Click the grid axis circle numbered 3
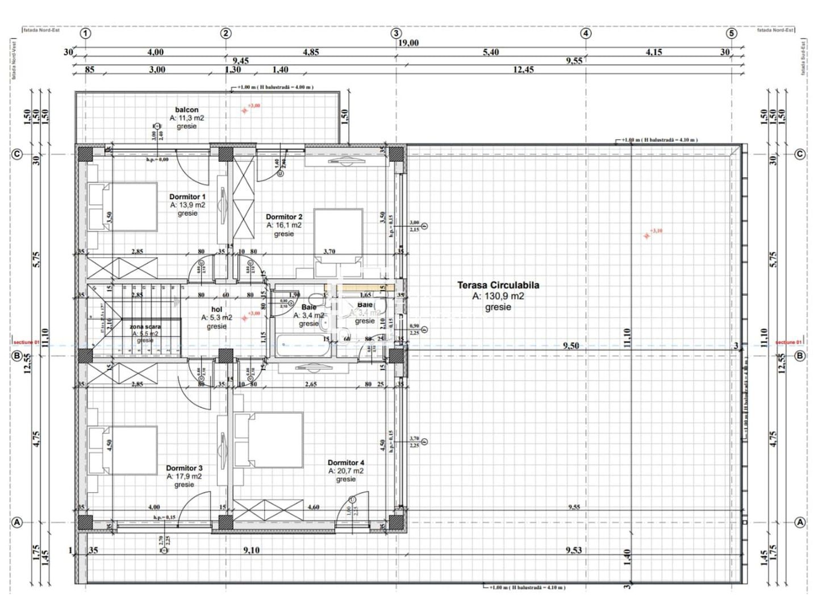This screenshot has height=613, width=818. [x=397, y=33]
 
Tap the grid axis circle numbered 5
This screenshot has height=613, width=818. [x=732, y=33]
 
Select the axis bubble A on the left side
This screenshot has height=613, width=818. [x=17, y=522]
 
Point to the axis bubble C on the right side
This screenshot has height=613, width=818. [x=800, y=154]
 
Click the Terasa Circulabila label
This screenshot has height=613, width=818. [x=498, y=285]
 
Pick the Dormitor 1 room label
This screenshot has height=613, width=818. [x=187, y=197]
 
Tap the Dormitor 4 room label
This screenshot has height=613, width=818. [x=346, y=463]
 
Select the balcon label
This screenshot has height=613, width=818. [x=186, y=110]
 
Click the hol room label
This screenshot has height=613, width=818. [x=216, y=309]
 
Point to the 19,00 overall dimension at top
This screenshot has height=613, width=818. [x=408, y=43]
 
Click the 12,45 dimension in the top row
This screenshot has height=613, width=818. [x=523, y=70]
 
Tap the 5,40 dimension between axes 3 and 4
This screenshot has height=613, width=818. [x=491, y=52]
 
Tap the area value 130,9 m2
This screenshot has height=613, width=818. [x=498, y=296]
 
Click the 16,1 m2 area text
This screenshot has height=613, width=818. [x=284, y=225]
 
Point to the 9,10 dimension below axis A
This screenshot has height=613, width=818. [x=252, y=550]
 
